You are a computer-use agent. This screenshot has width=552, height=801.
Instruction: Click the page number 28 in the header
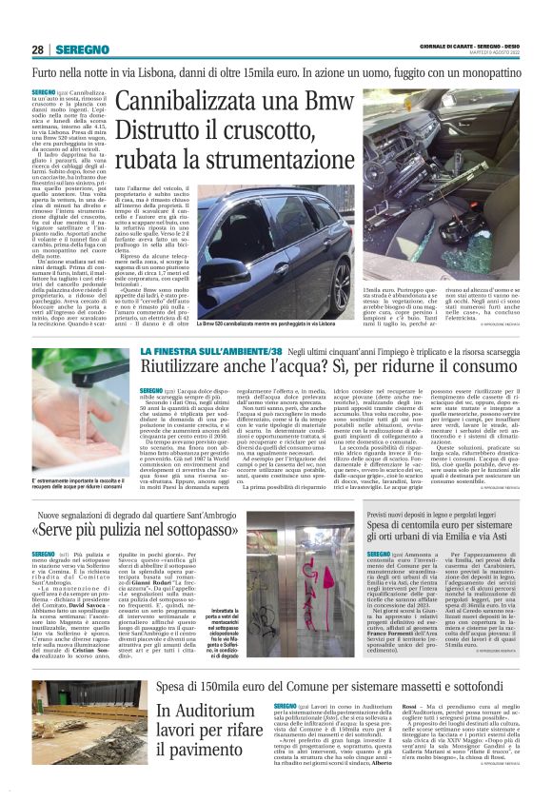37,49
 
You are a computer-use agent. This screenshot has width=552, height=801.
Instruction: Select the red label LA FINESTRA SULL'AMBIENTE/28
201,353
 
